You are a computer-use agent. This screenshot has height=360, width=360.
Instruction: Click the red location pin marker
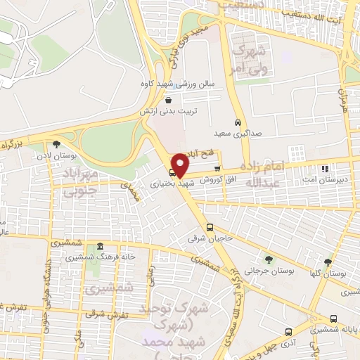point(181,165)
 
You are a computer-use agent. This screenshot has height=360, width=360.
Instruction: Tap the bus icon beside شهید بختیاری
point(172,172)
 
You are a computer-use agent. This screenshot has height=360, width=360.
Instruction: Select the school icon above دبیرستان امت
point(324,169)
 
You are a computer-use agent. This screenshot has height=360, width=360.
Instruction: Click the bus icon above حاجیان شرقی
point(210,227)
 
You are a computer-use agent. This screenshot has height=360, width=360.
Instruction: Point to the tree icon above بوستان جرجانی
point(266,259)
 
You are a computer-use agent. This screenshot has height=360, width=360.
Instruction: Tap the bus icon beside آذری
point(288,332)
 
